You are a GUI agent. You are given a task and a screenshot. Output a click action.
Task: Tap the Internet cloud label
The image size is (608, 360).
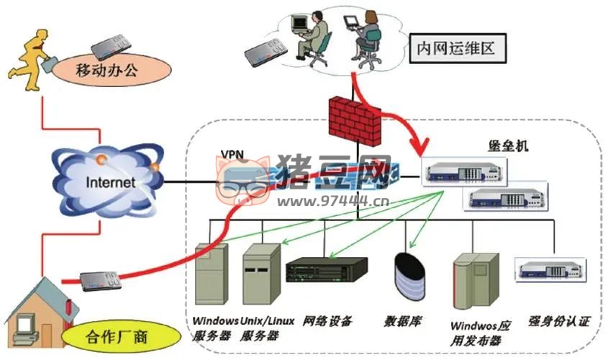coord(110,182)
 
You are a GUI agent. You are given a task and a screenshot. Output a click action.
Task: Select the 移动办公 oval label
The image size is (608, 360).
coord(116,71)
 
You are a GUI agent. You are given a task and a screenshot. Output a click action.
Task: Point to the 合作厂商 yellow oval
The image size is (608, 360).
coord(120,336)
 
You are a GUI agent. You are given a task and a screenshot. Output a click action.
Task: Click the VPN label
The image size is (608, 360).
coord(232,155)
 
